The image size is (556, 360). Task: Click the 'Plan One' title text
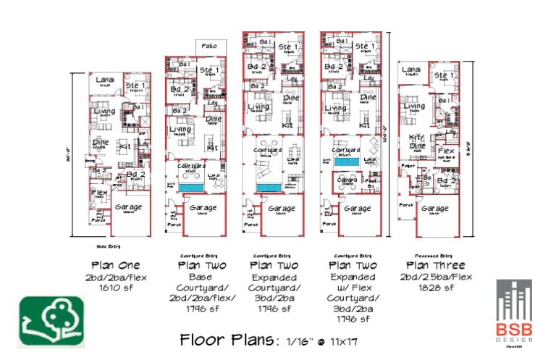121,265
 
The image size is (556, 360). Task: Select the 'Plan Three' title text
434,265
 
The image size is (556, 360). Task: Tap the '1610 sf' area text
121,288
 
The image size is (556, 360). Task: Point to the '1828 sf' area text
434,288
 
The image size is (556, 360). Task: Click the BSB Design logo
518,309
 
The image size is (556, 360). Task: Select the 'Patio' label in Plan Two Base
210,45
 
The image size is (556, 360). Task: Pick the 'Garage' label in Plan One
128,206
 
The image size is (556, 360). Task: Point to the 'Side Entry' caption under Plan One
97,246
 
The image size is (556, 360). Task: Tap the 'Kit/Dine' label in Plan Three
416,141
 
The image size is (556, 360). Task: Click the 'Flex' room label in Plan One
98,192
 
